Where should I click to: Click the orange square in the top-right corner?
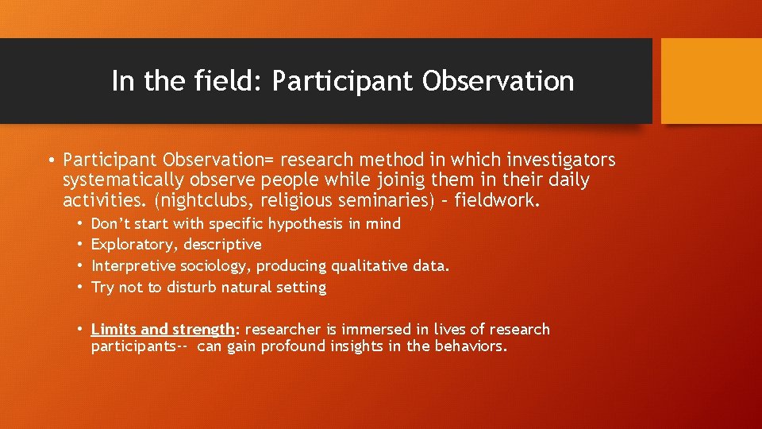pyautogui.click(x=711, y=81)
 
